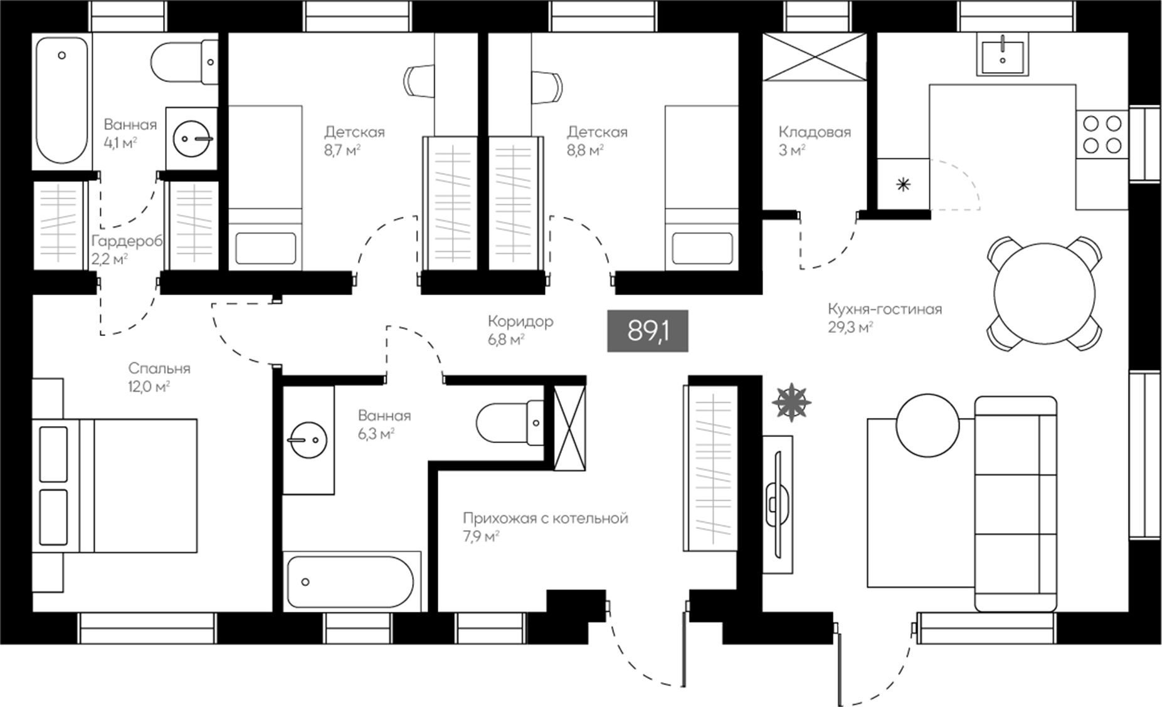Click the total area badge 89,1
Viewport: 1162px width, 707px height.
[x=648, y=330]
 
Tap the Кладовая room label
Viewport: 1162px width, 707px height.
[x=815, y=132]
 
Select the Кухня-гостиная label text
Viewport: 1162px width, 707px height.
[x=885, y=309]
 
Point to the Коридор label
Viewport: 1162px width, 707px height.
[x=520, y=322]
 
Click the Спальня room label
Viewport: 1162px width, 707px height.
[x=159, y=369]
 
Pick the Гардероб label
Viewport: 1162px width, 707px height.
[x=127, y=241]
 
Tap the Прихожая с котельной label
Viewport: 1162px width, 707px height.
[x=546, y=519]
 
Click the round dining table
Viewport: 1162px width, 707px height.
[x=1044, y=293]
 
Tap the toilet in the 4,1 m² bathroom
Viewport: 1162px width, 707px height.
[x=184, y=62]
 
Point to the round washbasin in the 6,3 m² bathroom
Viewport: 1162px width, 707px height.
[x=307, y=440]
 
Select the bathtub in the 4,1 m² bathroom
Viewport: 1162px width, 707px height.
[x=61, y=100]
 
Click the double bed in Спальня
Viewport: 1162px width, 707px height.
[x=115, y=486]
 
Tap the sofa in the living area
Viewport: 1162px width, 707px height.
[x=1016, y=503]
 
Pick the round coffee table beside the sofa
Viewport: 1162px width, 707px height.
[x=927, y=426]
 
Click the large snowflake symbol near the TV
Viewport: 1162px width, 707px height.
[x=791, y=402]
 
